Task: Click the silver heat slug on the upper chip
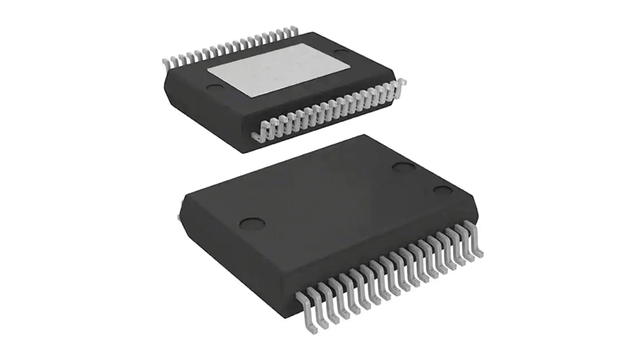click(x=279, y=71)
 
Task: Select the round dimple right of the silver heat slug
click(x=339, y=53)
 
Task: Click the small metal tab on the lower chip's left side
click(x=180, y=212)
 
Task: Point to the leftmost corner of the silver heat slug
click(x=208, y=72)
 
